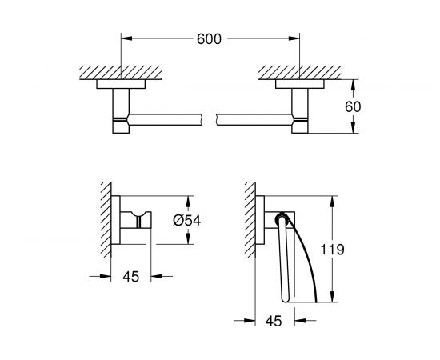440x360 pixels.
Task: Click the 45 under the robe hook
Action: [x=131, y=276]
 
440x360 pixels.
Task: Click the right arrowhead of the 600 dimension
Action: [x=296, y=38]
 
